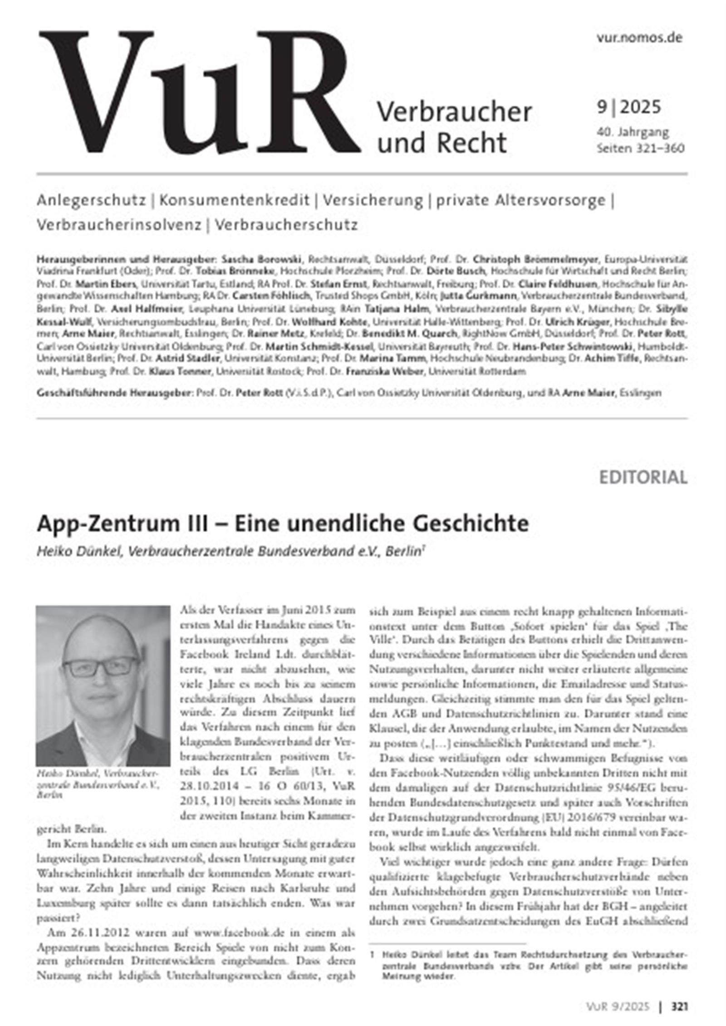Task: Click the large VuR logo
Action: [200, 93]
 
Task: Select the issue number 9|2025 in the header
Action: [628, 107]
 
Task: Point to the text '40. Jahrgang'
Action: [633, 132]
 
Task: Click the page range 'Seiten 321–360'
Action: [640, 148]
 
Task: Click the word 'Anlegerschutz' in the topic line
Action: [91, 200]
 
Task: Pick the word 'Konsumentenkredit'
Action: [234, 200]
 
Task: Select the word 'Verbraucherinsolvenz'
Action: [119, 225]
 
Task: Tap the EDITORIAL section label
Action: [643, 478]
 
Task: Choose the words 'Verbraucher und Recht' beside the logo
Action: [454, 127]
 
